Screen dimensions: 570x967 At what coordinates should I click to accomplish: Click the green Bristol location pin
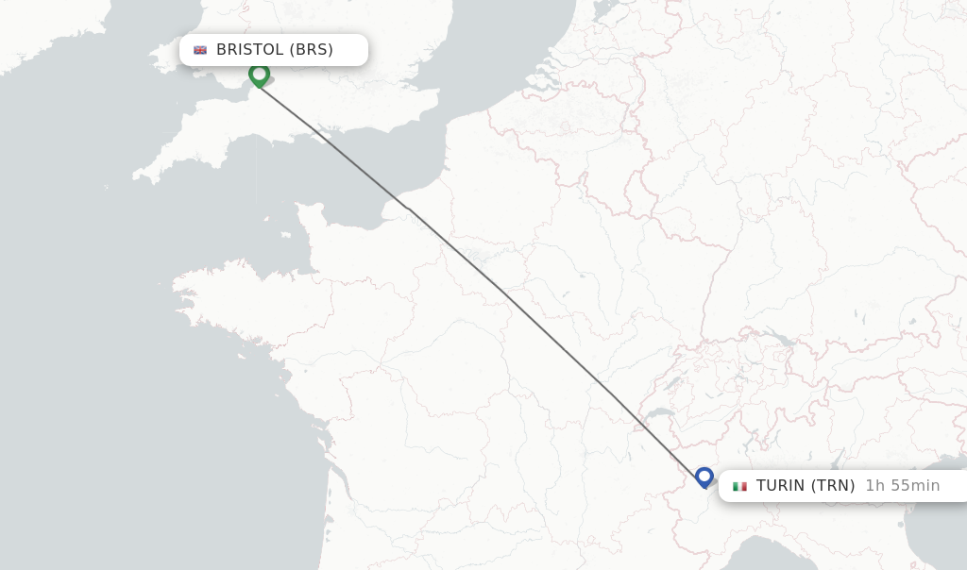coord(259,74)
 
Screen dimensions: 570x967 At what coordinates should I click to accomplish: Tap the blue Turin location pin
coord(704,477)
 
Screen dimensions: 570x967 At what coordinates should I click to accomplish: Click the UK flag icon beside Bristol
coord(200,50)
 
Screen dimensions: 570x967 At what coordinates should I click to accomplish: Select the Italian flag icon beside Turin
coord(739,487)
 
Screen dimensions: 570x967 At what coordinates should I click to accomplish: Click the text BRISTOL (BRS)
coord(275,50)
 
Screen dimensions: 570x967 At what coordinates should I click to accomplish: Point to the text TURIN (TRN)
coord(806,486)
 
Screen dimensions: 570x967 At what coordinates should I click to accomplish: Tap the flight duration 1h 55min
coord(903,486)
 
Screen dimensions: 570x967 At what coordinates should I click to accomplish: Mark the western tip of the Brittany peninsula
coord(175,283)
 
